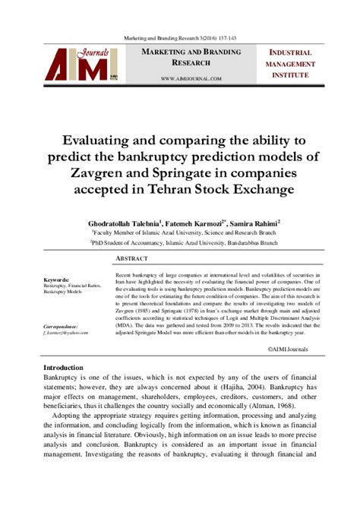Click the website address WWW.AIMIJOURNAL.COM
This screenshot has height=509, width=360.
pos(191,78)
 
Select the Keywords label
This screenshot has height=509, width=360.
pos(57,280)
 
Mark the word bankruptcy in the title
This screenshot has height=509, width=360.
pos(191,156)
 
